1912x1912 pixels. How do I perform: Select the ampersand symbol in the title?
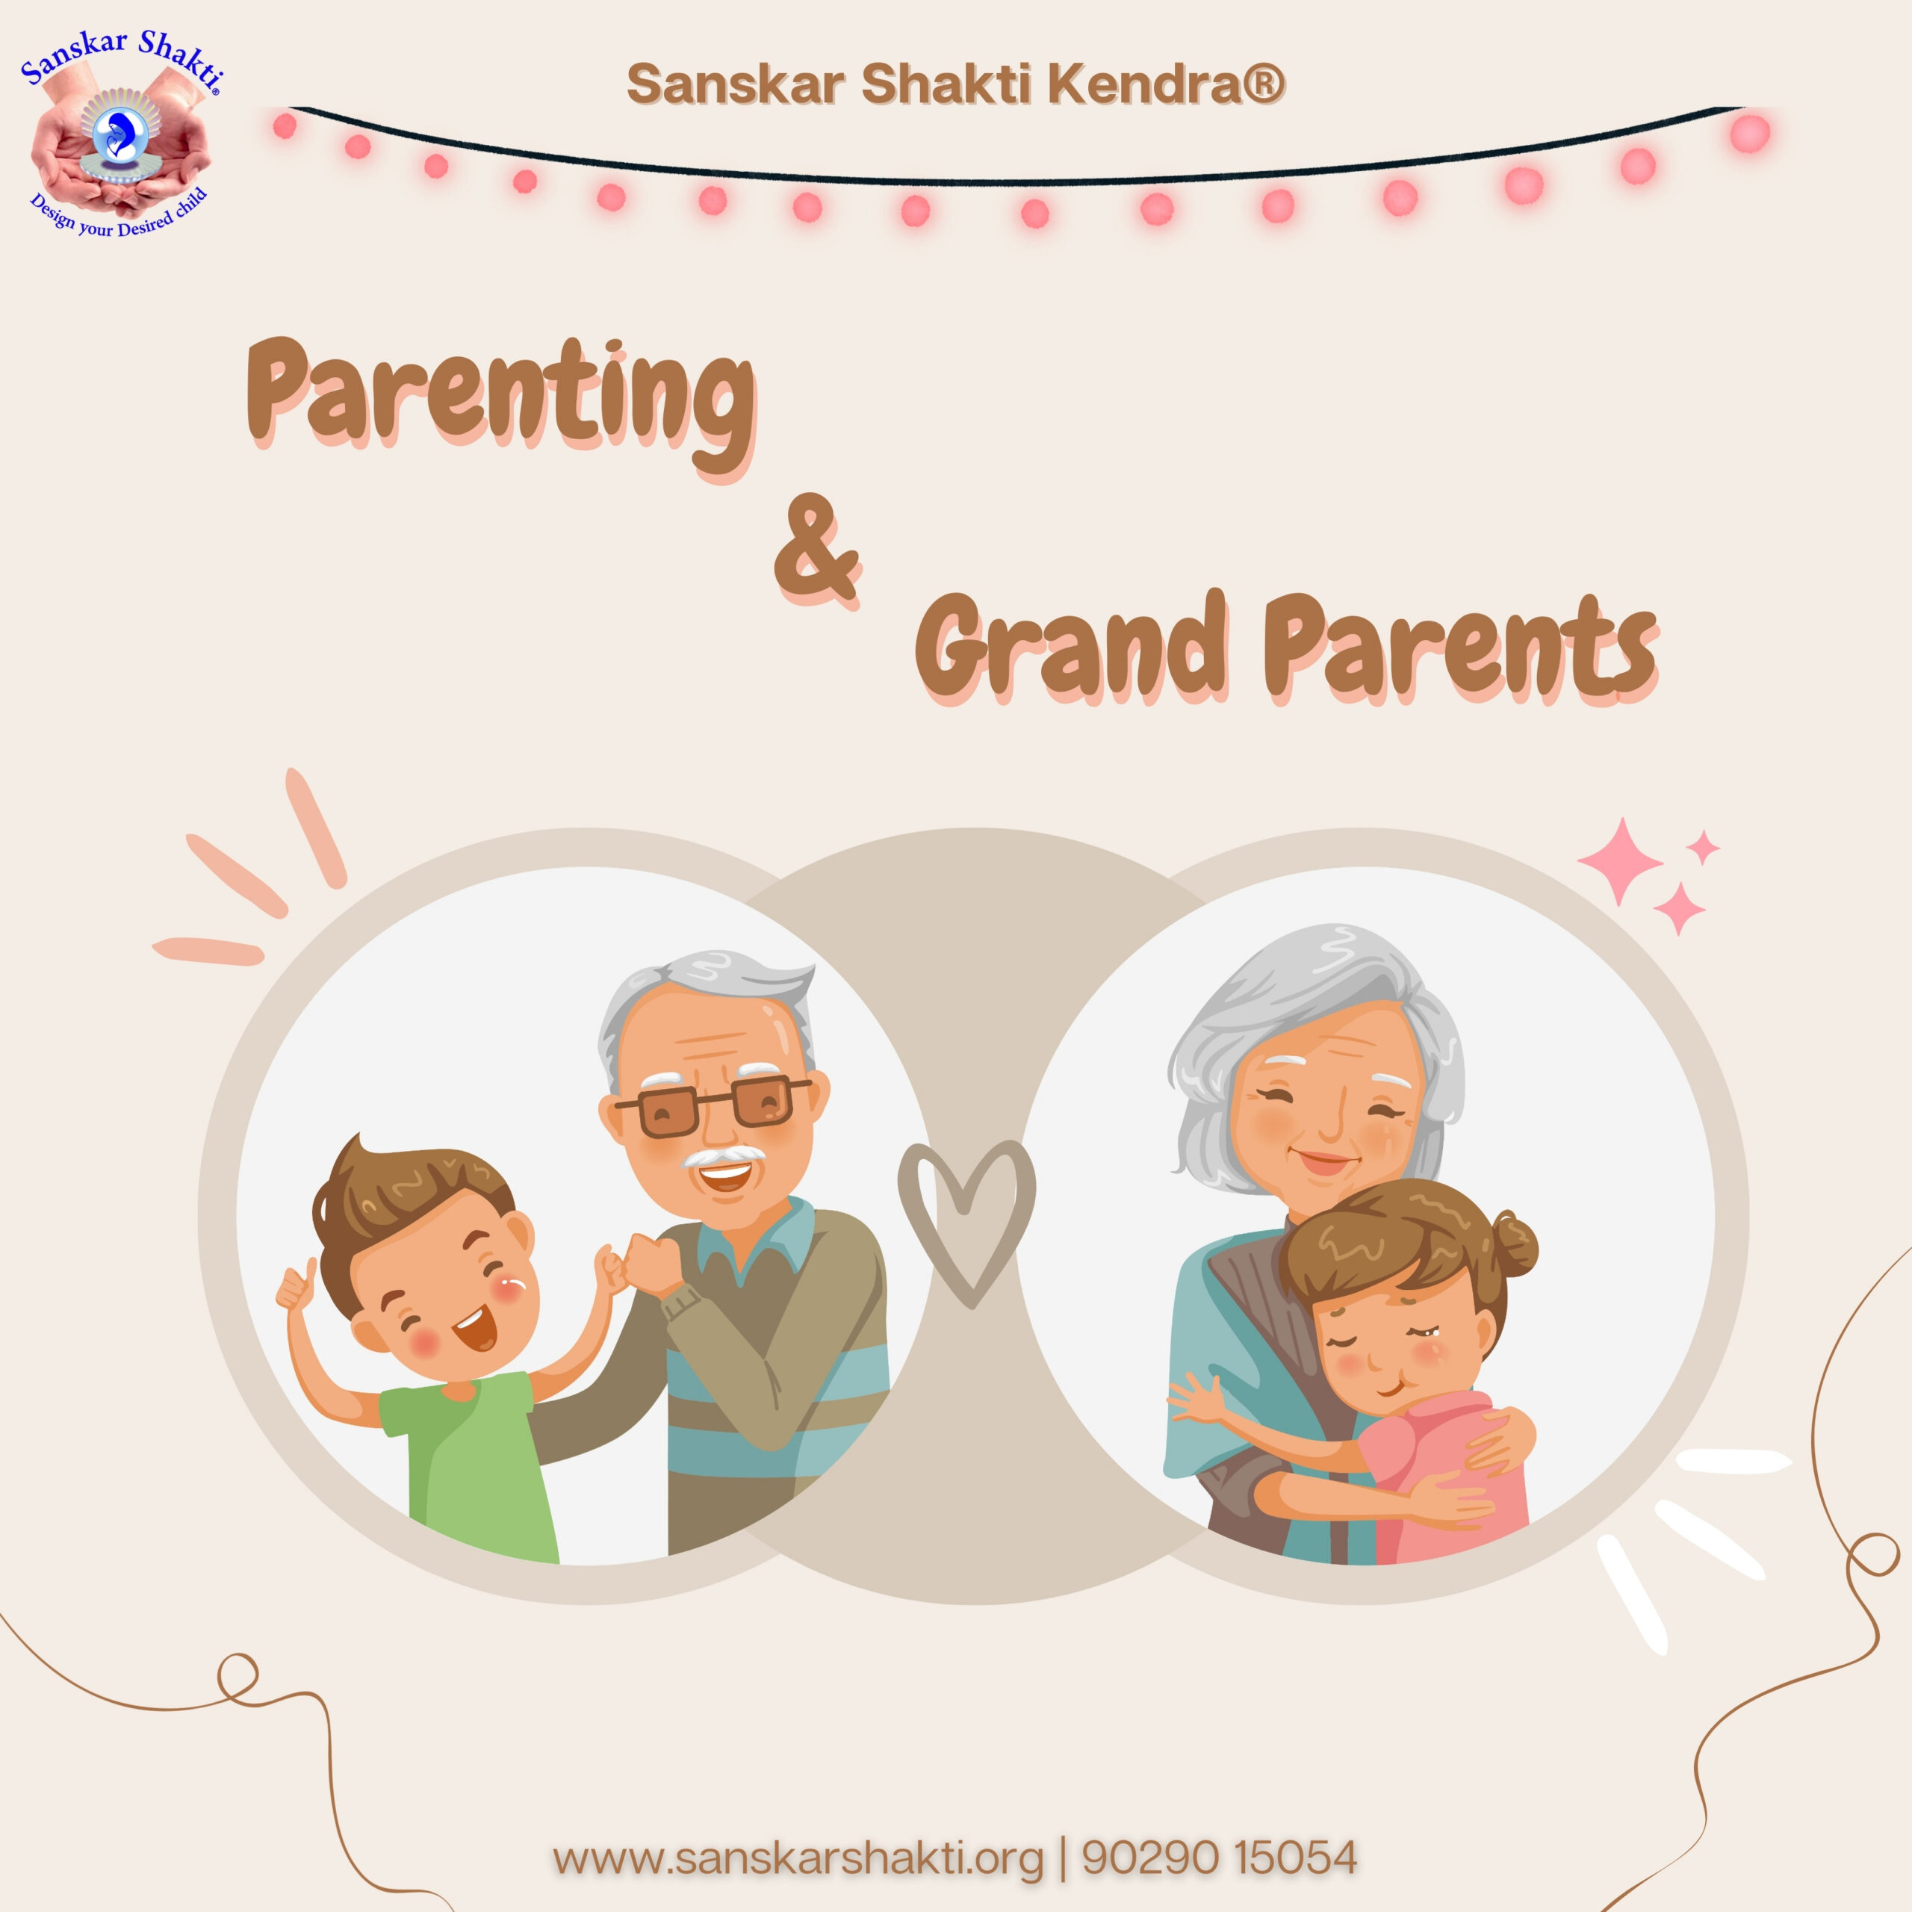pyautogui.click(x=816, y=550)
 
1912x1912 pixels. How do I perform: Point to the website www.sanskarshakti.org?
pyautogui.click(x=798, y=1857)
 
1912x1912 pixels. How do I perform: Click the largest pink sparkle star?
pyautogui.click(x=1620, y=861)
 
